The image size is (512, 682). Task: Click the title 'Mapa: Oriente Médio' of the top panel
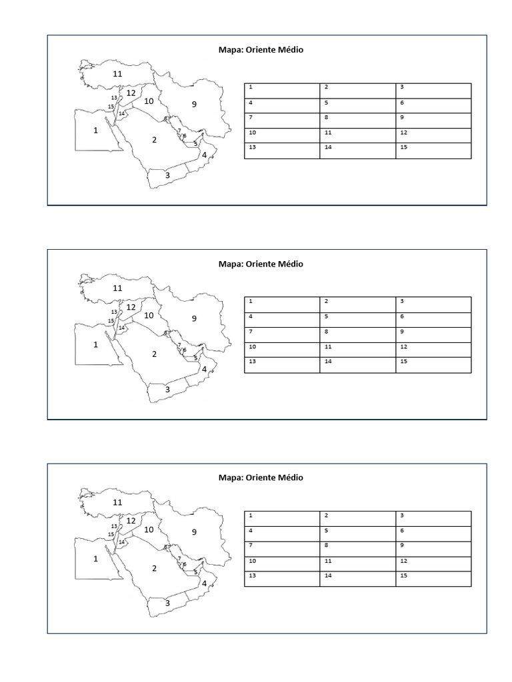261,50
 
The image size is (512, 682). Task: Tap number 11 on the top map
117,74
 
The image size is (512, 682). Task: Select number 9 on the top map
194,104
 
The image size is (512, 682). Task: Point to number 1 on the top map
95,131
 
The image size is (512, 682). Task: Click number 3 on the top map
167,175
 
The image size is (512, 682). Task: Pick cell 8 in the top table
357,121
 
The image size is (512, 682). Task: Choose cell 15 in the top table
433,151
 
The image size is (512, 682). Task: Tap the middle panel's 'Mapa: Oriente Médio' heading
261,264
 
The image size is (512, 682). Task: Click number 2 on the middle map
154,354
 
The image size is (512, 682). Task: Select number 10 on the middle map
149,316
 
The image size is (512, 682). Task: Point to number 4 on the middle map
204,368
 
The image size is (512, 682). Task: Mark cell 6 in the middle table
433,320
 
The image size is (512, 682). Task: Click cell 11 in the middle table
357,350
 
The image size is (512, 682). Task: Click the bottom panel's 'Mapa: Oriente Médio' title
261,478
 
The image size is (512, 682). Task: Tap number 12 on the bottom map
131,521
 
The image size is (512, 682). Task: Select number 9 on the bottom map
194,532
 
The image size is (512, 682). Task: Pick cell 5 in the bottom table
357,533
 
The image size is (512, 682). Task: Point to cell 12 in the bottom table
433,563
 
